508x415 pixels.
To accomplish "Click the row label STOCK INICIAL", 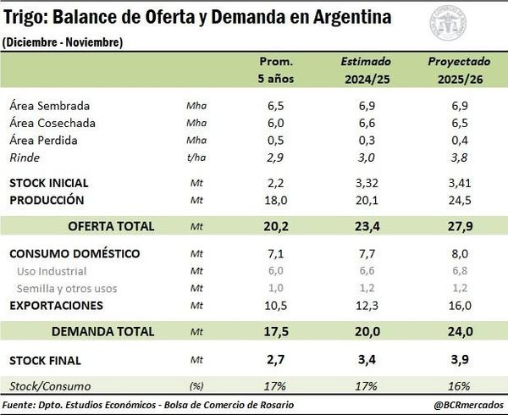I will tap(48, 183).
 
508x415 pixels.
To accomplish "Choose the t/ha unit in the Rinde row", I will tap(196, 158).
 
